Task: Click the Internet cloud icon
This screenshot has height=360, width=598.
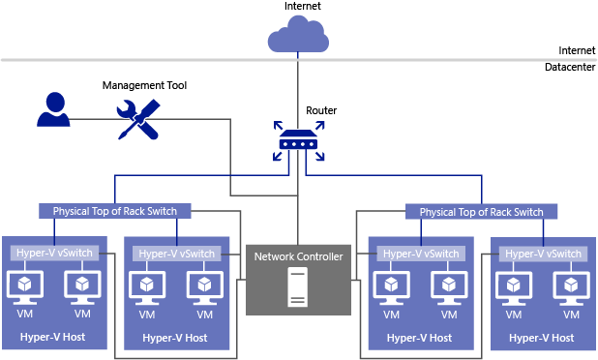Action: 297,38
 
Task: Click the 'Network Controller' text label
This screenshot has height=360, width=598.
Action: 297,256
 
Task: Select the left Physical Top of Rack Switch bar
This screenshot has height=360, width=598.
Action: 115,211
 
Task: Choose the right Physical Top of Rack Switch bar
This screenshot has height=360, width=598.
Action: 481,211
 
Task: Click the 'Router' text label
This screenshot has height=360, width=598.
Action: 321,110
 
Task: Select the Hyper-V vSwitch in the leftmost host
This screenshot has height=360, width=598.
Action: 53,253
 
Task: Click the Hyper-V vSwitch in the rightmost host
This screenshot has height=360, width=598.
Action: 541,253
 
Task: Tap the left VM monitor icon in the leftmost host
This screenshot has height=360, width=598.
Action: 24,285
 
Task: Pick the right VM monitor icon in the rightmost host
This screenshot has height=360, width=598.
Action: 570,285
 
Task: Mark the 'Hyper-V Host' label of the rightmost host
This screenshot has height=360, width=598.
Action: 541,338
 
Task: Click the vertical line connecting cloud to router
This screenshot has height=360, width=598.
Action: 297,87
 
